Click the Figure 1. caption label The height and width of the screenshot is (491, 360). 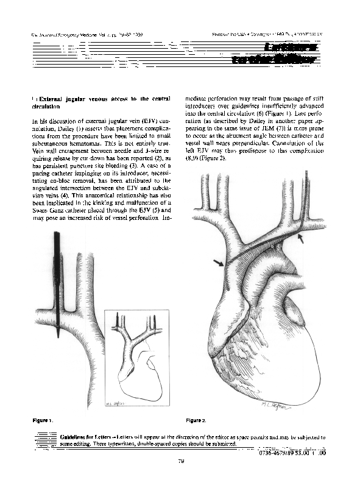click(41, 420)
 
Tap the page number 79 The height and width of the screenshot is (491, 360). click(180, 461)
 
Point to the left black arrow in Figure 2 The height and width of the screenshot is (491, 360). click(219, 262)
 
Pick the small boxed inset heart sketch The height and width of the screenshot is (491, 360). click(136, 359)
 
